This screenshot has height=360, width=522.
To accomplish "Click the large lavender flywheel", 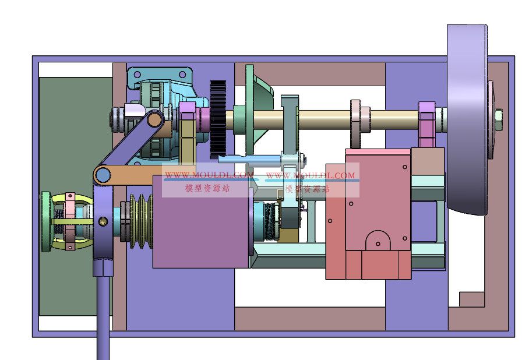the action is click(467, 119).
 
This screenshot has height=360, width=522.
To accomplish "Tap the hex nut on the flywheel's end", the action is click(498, 116).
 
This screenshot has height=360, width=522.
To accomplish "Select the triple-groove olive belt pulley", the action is click(141, 221).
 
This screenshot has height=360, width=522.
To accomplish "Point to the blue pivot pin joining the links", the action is click(103, 174).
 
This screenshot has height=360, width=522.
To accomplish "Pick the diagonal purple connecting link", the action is click(129, 142).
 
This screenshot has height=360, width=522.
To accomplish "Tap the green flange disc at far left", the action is click(46, 221).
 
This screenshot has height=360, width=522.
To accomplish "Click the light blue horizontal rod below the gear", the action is click(251, 160).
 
